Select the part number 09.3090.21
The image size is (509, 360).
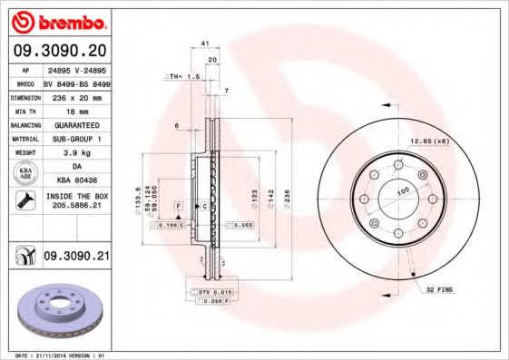click(x=77, y=258)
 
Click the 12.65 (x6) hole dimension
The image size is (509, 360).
click(x=429, y=141)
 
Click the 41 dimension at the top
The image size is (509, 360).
click(x=205, y=44)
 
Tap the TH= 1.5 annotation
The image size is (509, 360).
click(x=181, y=78)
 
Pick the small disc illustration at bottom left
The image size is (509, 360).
click(x=60, y=311)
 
